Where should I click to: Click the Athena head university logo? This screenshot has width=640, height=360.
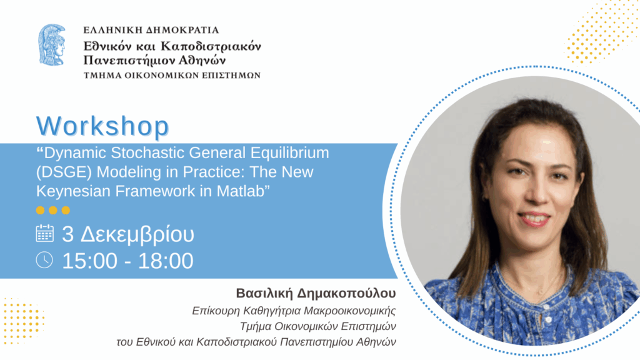(x=52, y=45)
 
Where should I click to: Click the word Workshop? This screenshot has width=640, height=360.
(x=102, y=126)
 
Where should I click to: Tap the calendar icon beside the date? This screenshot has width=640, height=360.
(x=44, y=234)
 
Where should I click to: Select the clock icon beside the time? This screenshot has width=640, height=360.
(x=44, y=260)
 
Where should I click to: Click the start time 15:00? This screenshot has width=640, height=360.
(x=90, y=261)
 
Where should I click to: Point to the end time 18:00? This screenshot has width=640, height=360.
(x=166, y=261)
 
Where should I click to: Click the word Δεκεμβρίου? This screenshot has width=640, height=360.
(x=137, y=235)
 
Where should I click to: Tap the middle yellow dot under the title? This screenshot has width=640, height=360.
(x=53, y=210)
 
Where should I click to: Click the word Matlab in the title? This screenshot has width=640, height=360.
(x=243, y=191)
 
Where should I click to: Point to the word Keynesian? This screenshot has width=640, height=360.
(x=74, y=191)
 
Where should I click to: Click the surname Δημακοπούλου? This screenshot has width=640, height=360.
(x=346, y=294)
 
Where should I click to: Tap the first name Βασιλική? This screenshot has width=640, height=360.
(x=264, y=293)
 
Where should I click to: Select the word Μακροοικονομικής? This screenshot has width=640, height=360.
(x=350, y=311)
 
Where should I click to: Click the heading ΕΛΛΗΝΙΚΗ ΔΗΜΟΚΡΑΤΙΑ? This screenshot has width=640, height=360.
(x=151, y=30)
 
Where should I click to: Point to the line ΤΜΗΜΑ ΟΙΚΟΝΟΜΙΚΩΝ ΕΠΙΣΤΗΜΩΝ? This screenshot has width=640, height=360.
(x=172, y=76)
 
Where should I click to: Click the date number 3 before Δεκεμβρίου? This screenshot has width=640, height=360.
(x=67, y=234)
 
